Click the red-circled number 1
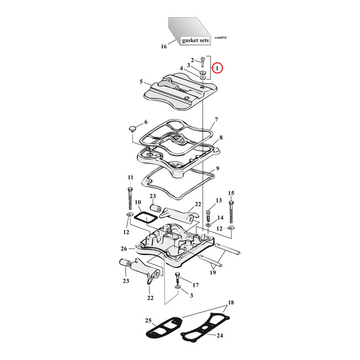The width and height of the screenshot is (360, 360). pos(218,68)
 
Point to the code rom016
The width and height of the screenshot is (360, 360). pos(220,37)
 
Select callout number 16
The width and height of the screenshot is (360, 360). pos(163,47)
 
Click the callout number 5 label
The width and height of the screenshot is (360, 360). pos(141,82)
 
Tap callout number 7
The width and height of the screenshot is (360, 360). pos(216,120)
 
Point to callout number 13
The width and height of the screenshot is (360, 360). pos(218,200)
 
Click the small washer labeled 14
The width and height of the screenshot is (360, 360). pos(208,224)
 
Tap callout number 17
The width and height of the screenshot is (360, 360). pos(194,286)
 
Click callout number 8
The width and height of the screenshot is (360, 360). pos(220,137)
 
